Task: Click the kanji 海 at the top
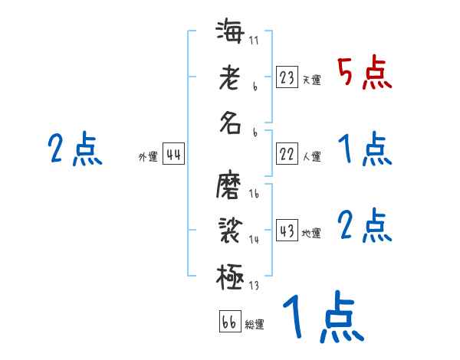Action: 230,34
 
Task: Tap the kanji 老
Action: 230,78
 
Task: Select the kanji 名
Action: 230,123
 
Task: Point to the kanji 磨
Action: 230,186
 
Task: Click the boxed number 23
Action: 287,77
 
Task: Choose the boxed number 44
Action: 173,155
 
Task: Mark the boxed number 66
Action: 228,322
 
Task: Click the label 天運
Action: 311,80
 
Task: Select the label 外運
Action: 148,157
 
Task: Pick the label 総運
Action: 255,324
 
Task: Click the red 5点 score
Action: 366,74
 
